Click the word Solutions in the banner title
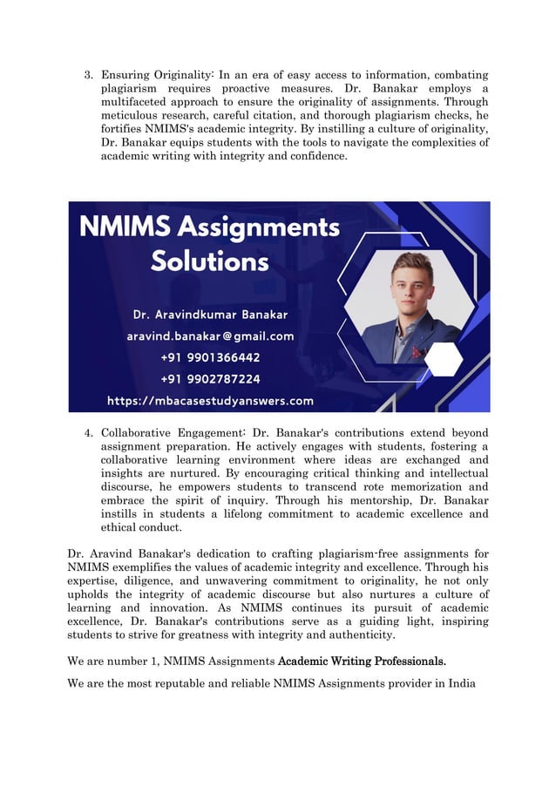point(209,260)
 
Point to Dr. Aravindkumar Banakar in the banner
point(209,314)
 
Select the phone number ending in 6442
point(210,357)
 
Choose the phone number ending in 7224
point(210,379)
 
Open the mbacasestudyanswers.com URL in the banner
point(209,401)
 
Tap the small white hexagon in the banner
point(443,358)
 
